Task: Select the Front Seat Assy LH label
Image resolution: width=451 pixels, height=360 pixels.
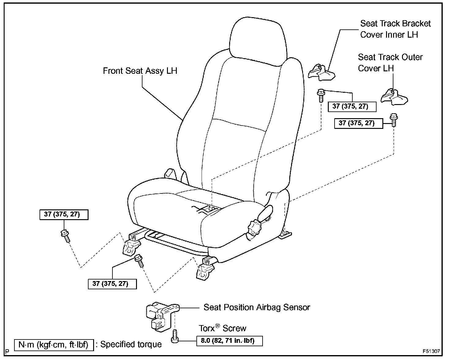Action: pos(140,71)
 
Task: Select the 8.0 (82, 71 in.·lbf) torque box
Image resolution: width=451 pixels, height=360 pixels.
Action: pos(229,341)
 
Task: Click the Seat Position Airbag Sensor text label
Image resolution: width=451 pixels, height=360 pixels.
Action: pos(257,307)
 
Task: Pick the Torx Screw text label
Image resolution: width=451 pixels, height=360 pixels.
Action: pos(222,328)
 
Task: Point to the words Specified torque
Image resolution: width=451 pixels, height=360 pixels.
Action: pos(131,344)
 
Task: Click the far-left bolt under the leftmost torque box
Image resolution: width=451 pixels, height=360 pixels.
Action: pos(65,236)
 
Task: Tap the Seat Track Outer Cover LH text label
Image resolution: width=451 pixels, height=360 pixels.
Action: pos(390,62)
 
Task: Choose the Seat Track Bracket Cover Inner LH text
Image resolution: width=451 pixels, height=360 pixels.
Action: pos(395,29)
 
